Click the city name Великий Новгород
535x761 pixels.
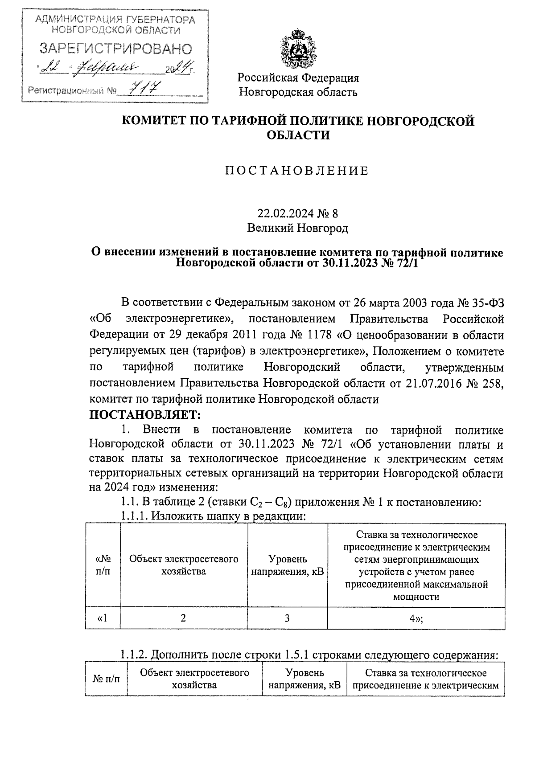click(297, 229)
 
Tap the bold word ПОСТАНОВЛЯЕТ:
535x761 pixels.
click(146, 415)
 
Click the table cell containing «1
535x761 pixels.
click(103, 618)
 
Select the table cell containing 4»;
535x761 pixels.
click(416, 618)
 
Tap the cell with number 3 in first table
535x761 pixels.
click(287, 618)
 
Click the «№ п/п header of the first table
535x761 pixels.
click(103, 565)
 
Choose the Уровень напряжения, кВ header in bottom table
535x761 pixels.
click(305, 679)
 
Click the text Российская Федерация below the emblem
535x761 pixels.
click(298, 78)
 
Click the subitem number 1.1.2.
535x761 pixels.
click(134, 655)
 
